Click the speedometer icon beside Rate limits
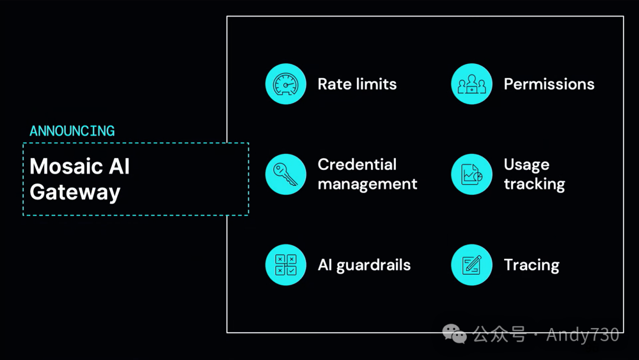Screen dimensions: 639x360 [286, 84]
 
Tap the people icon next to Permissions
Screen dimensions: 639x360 [472, 84]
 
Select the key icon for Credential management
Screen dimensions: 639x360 [286, 174]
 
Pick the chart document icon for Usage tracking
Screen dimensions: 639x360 [472, 174]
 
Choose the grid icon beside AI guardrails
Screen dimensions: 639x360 [286, 265]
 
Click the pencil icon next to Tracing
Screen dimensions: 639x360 [472, 265]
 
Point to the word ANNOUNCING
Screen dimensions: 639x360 [72, 131]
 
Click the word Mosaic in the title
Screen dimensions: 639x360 [62, 166]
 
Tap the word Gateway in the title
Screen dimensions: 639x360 [75, 192]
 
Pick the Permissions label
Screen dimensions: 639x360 [549, 84]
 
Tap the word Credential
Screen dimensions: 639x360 [357, 165]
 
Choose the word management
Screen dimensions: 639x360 [367, 184]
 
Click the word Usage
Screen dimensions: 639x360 [527, 165]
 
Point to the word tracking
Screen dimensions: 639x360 [534, 184]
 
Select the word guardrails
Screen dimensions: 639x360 [373, 265]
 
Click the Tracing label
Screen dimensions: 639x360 [531, 265]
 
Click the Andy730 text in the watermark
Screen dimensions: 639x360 [583, 335]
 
